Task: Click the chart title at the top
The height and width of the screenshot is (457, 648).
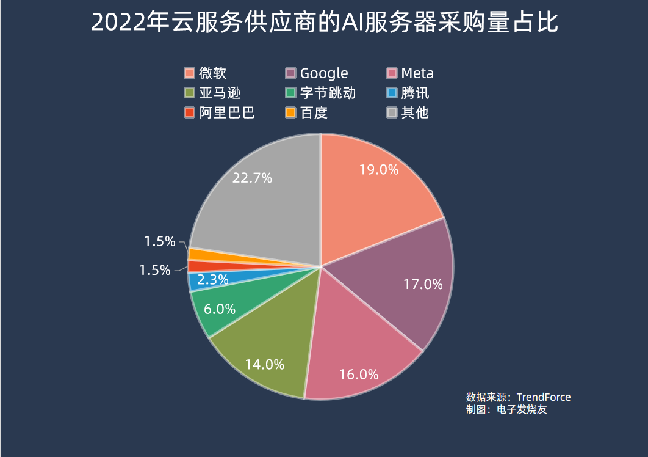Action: click(324, 23)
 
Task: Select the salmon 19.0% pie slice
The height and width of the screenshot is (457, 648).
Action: click(372, 189)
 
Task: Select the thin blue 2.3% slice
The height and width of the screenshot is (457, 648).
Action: click(201, 281)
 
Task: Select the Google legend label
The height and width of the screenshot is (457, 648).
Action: click(324, 73)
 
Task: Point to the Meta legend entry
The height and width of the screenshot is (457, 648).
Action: click(417, 73)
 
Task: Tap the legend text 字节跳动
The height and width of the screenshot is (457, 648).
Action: click(328, 93)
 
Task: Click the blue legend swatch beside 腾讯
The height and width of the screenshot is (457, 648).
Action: click(392, 93)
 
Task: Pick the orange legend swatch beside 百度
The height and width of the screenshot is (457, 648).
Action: click(291, 112)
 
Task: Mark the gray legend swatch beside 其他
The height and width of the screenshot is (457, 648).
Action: click(392, 112)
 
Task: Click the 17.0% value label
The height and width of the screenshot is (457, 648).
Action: click(423, 284)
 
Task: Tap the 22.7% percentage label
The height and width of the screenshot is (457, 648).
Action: click(253, 178)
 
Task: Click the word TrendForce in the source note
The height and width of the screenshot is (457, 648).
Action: click(544, 397)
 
